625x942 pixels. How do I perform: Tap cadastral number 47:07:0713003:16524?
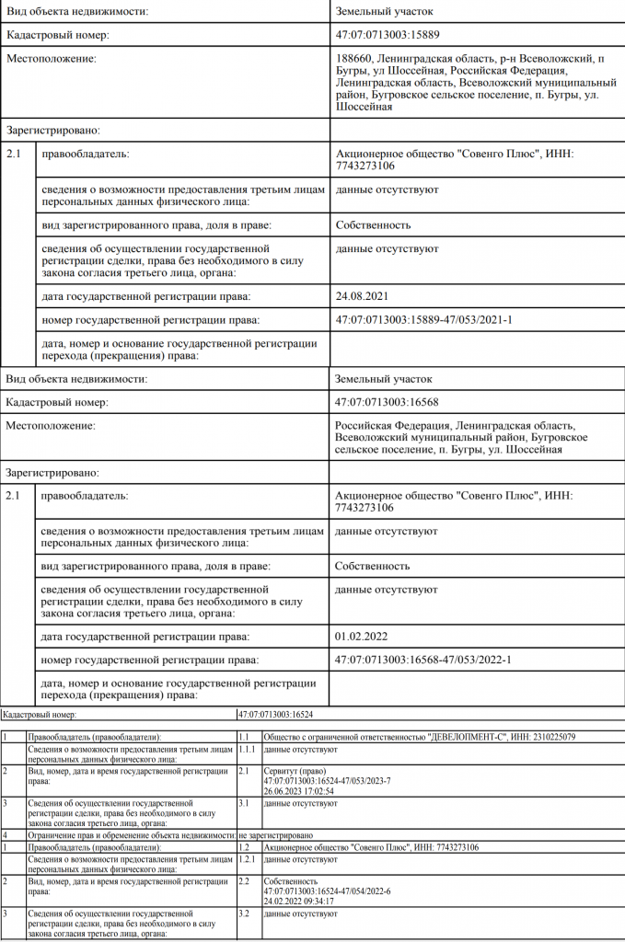click(277, 714)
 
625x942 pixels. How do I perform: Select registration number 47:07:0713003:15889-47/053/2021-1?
click(424, 320)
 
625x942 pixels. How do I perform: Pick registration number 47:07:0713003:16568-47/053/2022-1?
click(424, 661)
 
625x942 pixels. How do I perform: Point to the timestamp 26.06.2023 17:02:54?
click(298, 790)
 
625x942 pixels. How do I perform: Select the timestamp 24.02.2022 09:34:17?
click(298, 901)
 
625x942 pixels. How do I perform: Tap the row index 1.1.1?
click(248, 750)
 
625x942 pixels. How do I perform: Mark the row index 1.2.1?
click(248, 859)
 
